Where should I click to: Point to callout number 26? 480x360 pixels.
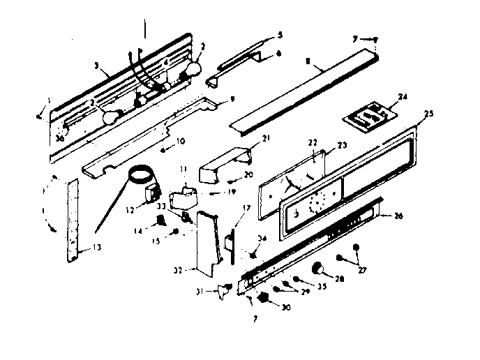click(x=399, y=216)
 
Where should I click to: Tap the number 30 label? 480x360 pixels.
click(x=285, y=305)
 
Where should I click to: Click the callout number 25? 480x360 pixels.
click(x=428, y=113)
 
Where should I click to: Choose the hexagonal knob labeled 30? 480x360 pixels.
click(x=264, y=298)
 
